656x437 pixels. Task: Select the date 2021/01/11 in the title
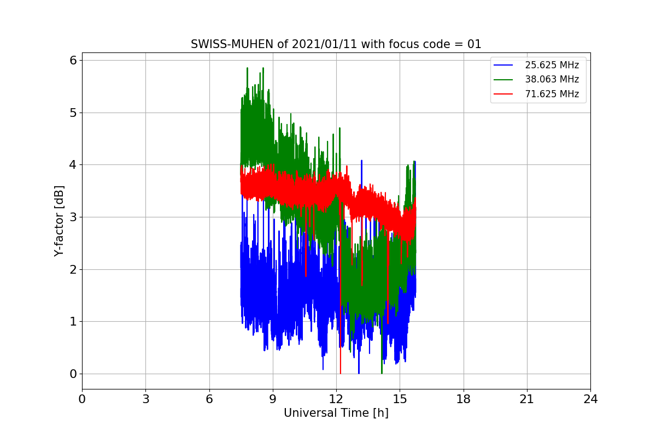point(314,44)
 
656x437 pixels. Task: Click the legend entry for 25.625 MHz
point(552,65)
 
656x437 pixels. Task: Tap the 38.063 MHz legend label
point(552,79)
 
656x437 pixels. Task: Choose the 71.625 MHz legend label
point(552,94)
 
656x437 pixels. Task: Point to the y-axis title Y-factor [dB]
point(59,221)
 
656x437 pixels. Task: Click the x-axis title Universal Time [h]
point(336,413)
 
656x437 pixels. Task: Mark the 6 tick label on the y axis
point(72,60)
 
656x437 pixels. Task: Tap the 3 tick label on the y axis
point(72,217)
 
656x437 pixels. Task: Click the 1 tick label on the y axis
point(72,322)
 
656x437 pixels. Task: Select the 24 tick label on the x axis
point(590,399)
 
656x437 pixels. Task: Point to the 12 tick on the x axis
point(336,399)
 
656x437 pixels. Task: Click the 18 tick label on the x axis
point(463,399)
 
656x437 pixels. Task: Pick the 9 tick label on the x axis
point(272,399)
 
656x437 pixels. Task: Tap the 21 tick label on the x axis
point(526,399)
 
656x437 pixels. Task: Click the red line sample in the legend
point(503,94)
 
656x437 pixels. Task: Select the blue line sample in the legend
point(503,65)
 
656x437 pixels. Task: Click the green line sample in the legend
point(503,79)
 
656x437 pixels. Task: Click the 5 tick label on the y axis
point(72,113)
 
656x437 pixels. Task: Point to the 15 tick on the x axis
point(400,399)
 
